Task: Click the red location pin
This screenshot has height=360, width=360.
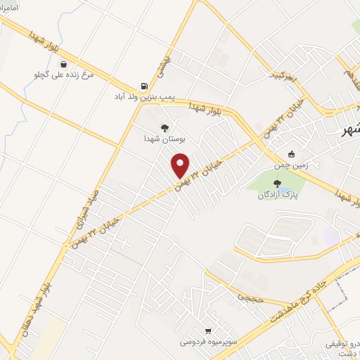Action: [180, 165]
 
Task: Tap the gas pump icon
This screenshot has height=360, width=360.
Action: [144, 86]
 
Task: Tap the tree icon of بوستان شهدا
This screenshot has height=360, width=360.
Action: [165, 127]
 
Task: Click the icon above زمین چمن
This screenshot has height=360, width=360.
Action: [292, 154]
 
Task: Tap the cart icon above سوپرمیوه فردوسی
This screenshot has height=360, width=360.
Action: [207, 330]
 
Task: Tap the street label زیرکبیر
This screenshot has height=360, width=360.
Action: [285, 72]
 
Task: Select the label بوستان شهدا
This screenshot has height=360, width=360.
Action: [164, 140]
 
